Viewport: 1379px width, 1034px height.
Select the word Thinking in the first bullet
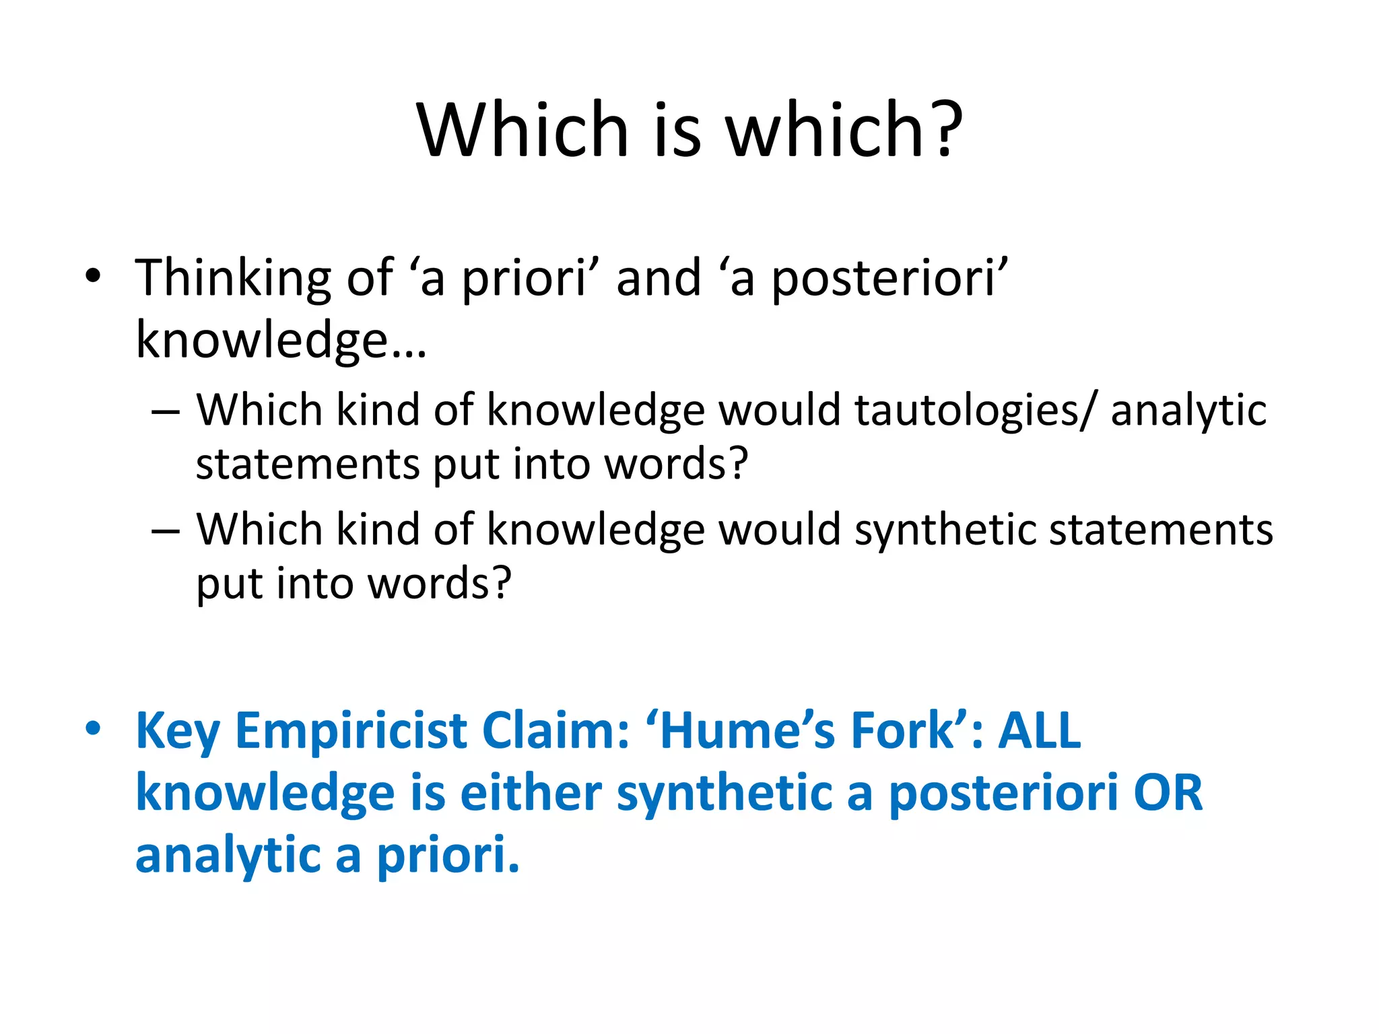tap(233, 278)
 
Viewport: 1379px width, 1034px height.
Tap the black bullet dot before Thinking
tap(93, 275)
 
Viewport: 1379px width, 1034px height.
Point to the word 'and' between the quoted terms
tap(659, 278)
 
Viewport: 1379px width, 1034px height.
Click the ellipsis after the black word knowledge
tap(408, 341)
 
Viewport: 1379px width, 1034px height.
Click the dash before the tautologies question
tap(166, 410)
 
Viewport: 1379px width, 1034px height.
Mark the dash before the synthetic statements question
tap(166, 530)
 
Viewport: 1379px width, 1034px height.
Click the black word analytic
tap(1188, 411)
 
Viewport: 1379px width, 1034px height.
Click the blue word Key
tap(178, 732)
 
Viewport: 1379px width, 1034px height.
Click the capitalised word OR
tap(1168, 793)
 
